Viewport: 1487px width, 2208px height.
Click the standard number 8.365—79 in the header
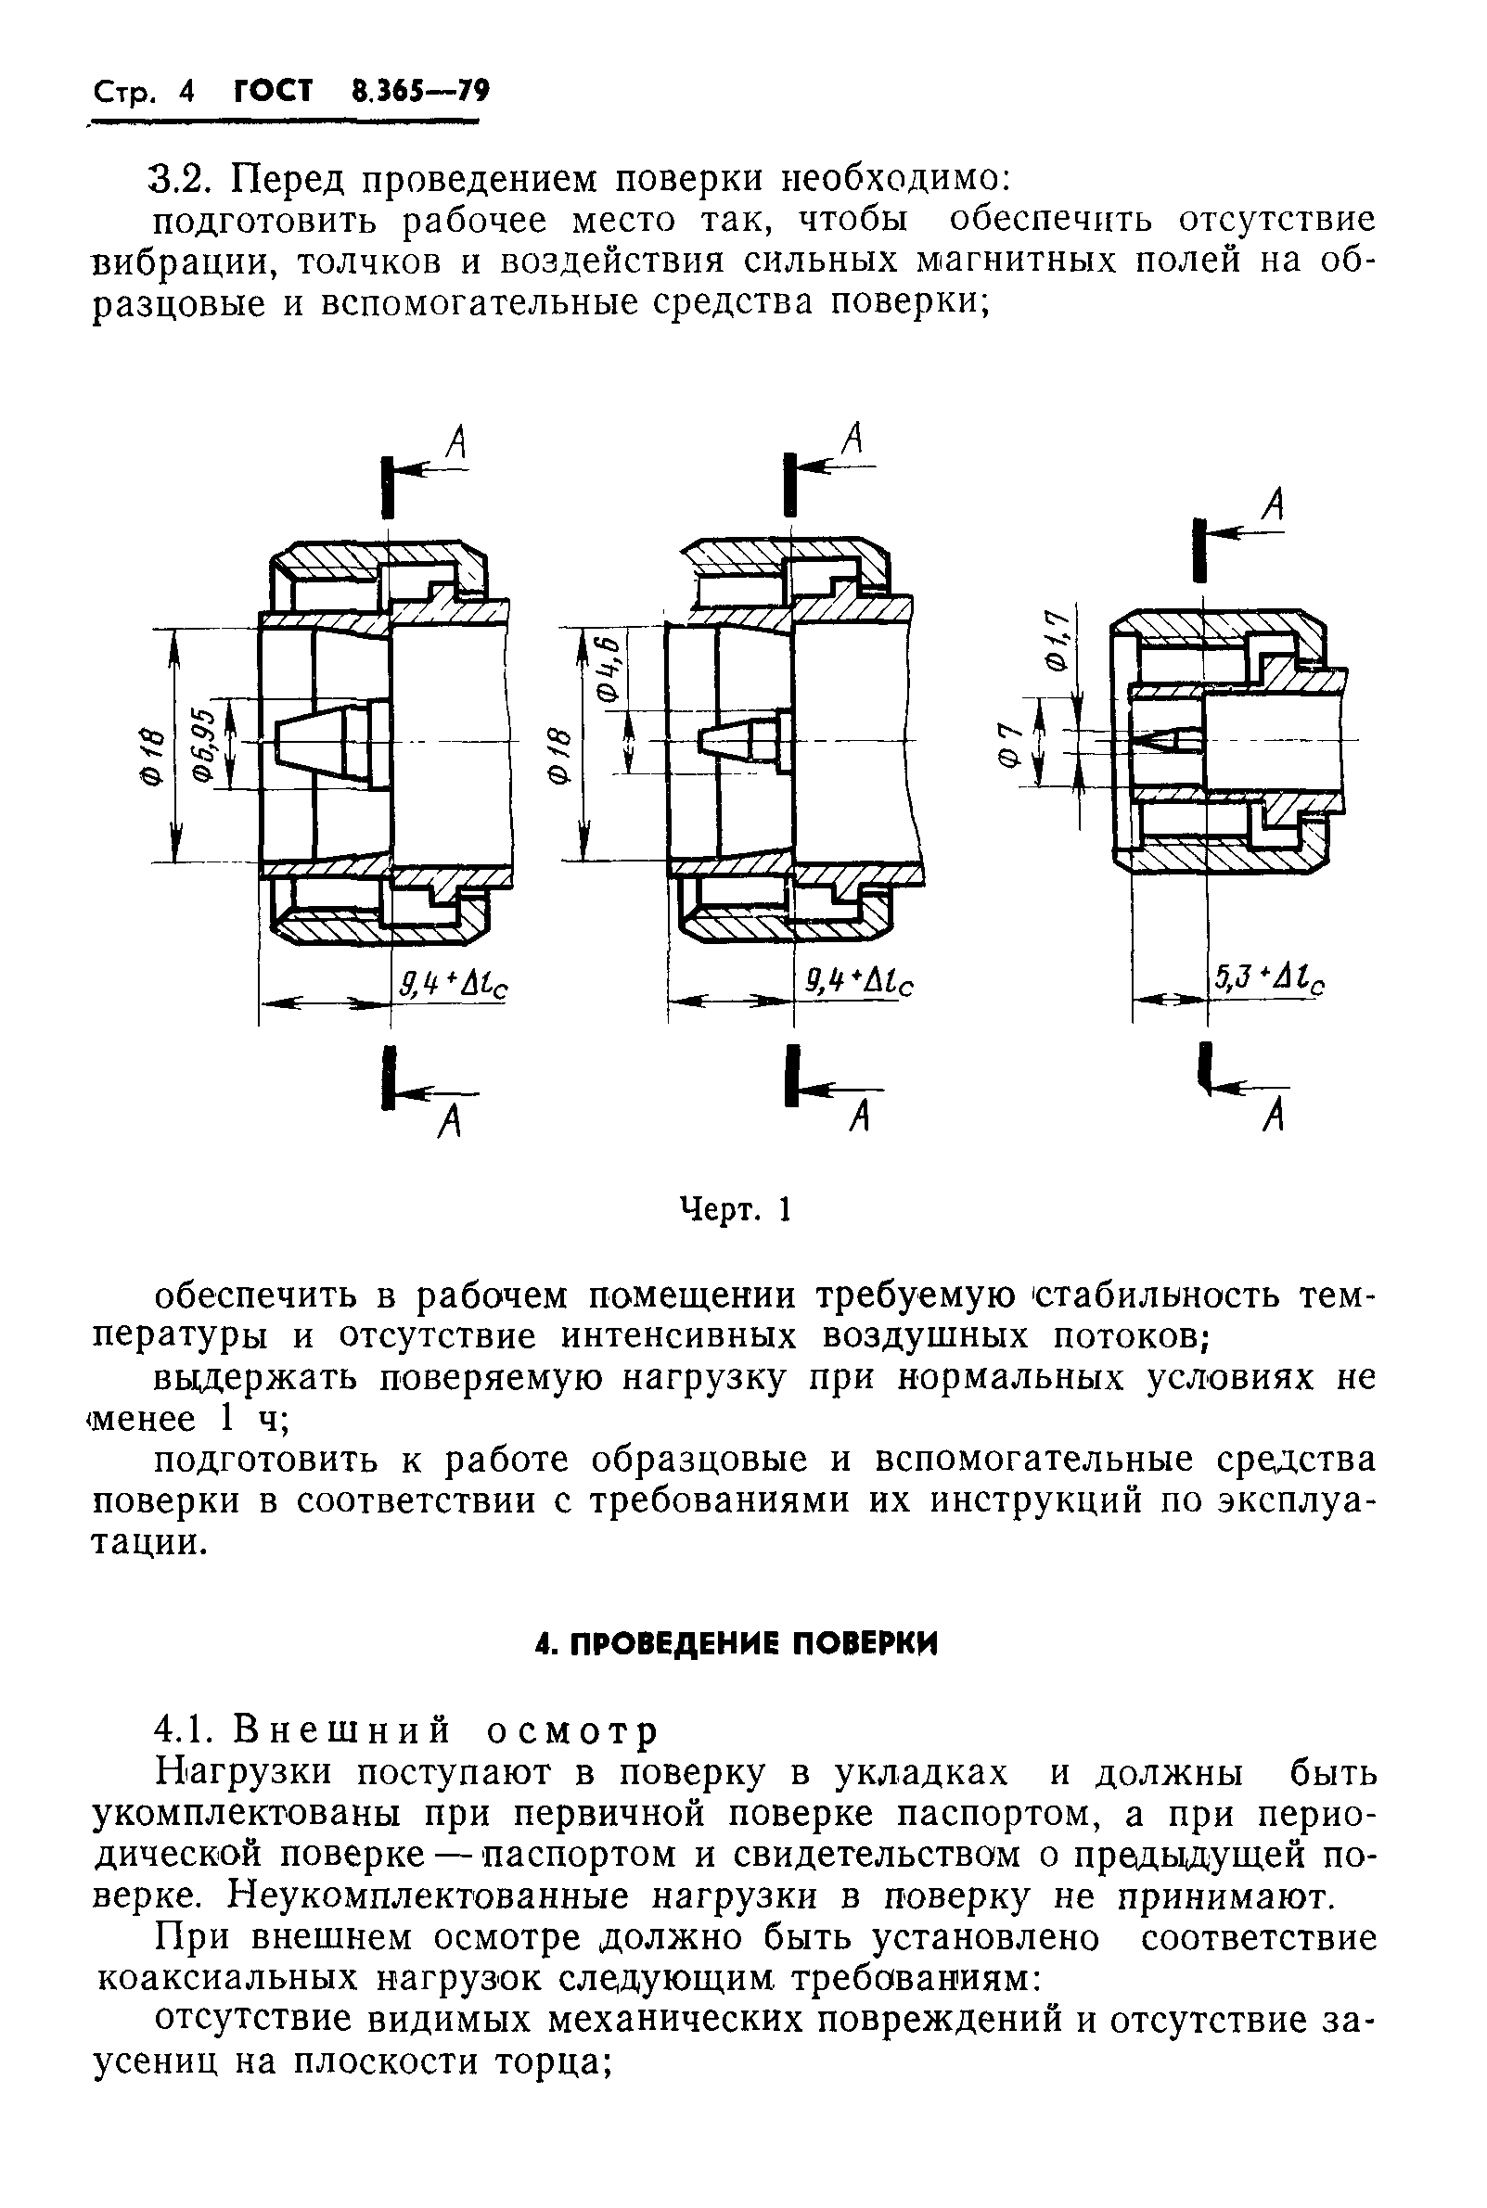[x=419, y=92]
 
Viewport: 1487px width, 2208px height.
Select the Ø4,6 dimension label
[x=609, y=672]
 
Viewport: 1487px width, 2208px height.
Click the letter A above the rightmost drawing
[x=1275, y=505]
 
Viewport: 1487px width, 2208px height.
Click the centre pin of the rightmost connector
[x=1163, y=740]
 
